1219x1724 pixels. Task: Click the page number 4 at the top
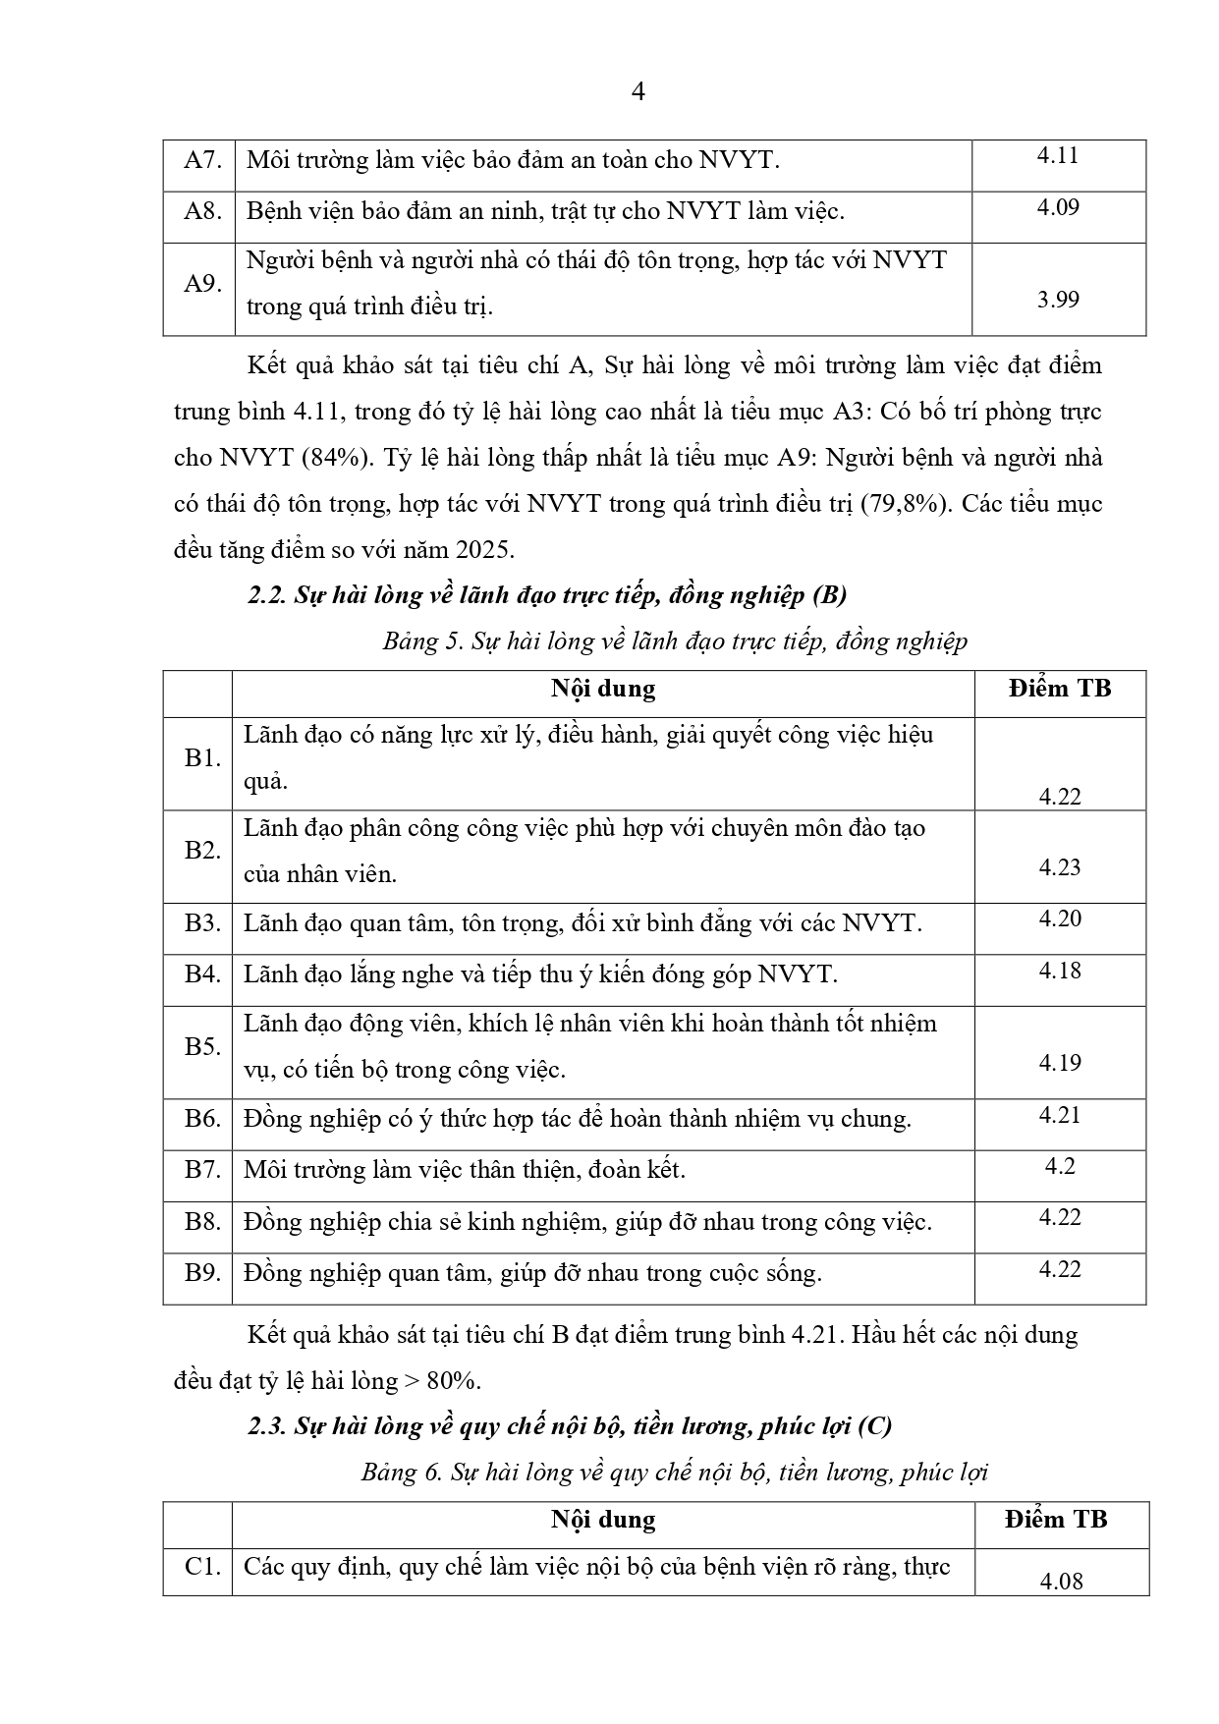pos(637,92)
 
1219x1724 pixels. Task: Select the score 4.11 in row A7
pos(1058,155)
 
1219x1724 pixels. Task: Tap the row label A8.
pos(201,211)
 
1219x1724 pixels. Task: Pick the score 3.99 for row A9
pos(1058,300)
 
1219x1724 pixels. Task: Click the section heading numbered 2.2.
pos(547,595)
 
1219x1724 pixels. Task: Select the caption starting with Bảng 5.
pos(675,641)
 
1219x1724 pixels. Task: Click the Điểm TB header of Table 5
pos(1059,689)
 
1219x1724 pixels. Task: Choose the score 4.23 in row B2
pos(1059,867)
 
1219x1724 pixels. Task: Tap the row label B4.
pos(202,974)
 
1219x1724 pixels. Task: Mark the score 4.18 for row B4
pos(1059,971)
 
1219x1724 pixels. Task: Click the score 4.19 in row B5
pos(1059,1063)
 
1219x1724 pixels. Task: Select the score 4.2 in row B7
pos(1060,1166)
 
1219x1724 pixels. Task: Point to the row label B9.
pos(202,1273)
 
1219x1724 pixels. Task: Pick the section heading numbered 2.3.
pos(570,1426)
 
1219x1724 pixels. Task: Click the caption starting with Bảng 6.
pos(674,1473)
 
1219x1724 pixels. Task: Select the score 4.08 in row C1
pos(1060,1582)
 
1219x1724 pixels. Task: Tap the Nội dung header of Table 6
pos(602,1520)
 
